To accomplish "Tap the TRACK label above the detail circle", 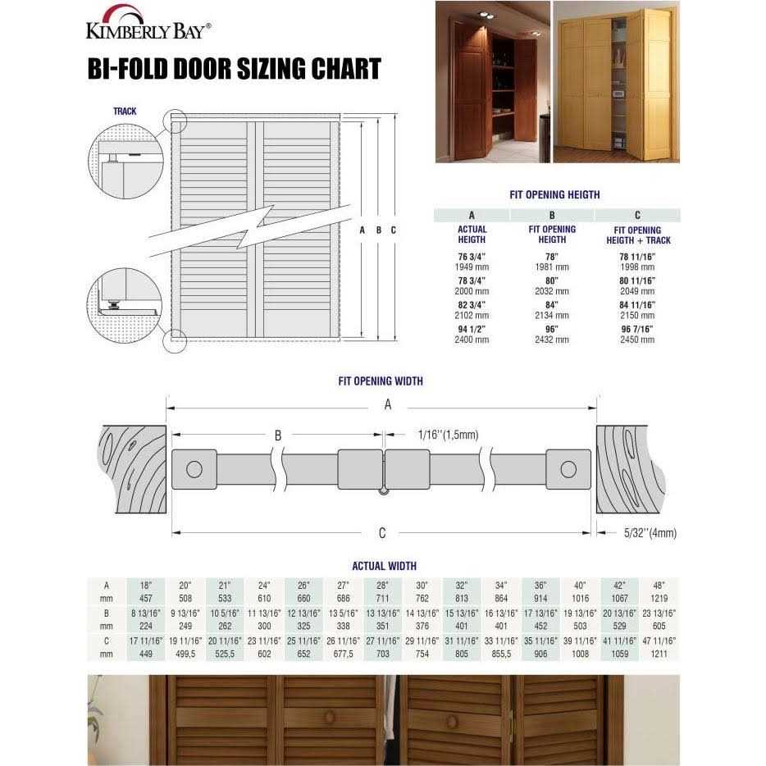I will pyautogui.click(x=125, y=111).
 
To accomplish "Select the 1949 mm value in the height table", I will pyautogui.click(x=472, y=267).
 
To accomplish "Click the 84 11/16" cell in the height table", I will pyautogui.click(x=637, y=305).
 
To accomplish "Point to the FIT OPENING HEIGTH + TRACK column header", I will pyautogui.click(x=637, y=235).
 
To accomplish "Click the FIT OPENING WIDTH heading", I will pyautogui.click(x=381, y=381).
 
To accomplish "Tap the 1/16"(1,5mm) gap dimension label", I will pyautogui.click(x=447, y=435).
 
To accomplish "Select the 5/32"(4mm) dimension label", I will pyautogui.click(x=648, y=533).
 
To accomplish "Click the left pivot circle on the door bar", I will pyautogui.click(x=194, y=470).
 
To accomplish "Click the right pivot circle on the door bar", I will pyautogui.click(x=568, y=470).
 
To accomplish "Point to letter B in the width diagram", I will pyautogui.click(x=278, y=435).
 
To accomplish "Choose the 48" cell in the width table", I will pyautogui.click(x=659, y=586).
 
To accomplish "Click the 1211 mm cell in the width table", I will pyautogui.click(x=659, y=654).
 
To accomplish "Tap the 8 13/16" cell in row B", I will pyautogui.click(x=146, y=613).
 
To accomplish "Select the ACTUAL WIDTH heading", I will pyautogui.click(x=383, y=566).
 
